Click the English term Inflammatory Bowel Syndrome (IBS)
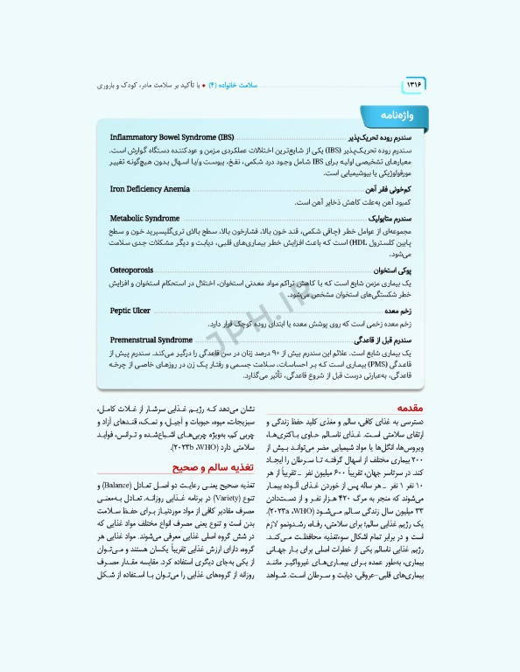coord(172,138)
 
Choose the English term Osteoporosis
coord(132,270)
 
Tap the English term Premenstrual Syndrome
coord(151,339)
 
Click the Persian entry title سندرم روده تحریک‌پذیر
coord(374,138)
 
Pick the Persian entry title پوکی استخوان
coord(387,270)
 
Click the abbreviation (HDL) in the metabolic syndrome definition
coord(350,243)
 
